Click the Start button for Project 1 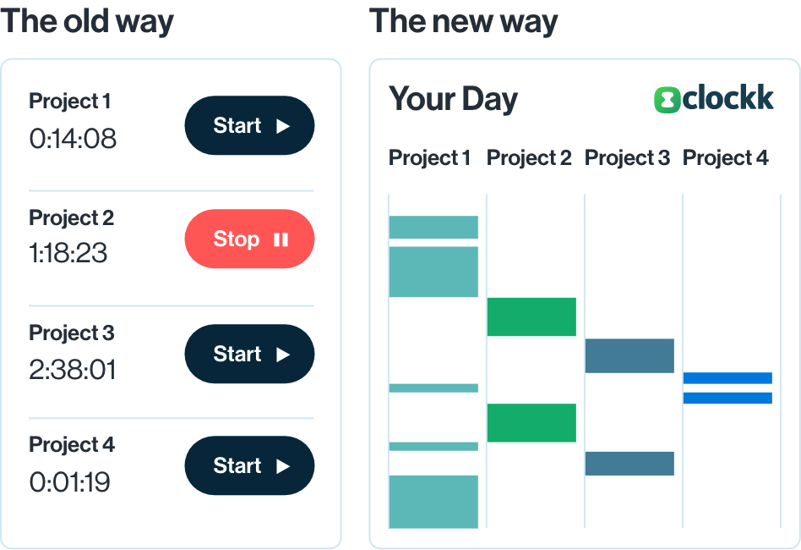tap(249, 125)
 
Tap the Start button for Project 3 tap(249, 354)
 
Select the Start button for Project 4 tap(249, 465)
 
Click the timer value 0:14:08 tap(73, 139)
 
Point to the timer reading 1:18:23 tap(68, 253)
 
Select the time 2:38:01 tap(73, 370)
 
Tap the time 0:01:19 tap(69, 482)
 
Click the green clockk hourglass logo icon tap(667, 100)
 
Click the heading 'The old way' tap(87, 22)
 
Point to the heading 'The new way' tap(464, 22)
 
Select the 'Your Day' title tap(453, 99)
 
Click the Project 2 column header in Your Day tap(529, 158)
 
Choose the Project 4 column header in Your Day tap(726, 158)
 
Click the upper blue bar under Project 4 tap(727, 378)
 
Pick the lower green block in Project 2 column tap(531, 422)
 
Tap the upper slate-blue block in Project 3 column tap(629, 355)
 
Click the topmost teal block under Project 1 tap(433, 227)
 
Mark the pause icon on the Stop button tap(281, 239)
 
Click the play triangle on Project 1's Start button tap(283, 126)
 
